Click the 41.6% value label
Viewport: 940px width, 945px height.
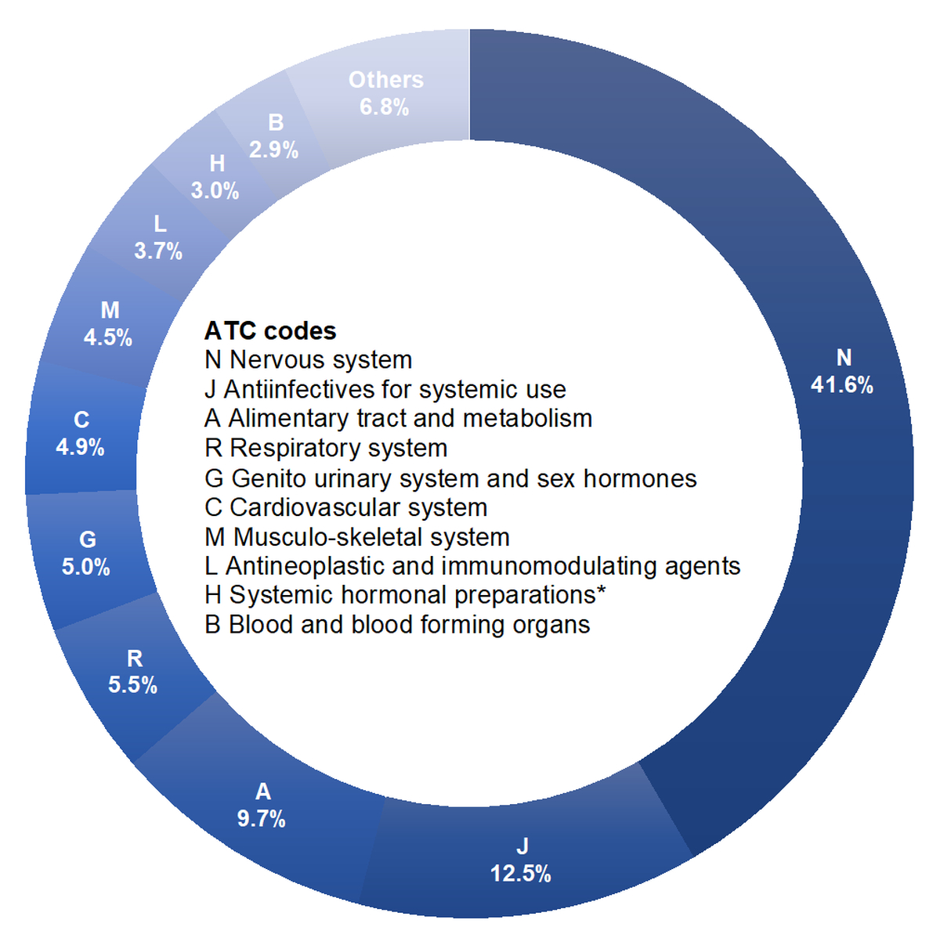(842, 385)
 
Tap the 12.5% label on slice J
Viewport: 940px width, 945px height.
(521, 874)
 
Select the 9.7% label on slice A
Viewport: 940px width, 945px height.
(262, 820)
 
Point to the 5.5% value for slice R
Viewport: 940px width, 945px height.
(133, 686)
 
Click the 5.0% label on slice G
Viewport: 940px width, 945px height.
(86, 567)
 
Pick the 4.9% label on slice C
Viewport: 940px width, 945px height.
(81, 448)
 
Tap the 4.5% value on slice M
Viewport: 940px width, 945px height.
(108, 338)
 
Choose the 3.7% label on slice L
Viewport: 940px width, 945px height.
(158, 251)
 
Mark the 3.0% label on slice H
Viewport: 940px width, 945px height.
(215, 191)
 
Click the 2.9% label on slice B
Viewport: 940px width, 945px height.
(274, 150)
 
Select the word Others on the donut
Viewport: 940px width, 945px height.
(386, 80)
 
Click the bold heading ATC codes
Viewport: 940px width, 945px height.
(270, 331)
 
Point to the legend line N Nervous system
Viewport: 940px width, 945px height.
(309, 360)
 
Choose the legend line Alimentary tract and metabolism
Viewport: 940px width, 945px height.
(399, 419)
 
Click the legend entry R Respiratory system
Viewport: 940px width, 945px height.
(326, 448)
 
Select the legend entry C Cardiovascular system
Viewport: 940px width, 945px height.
(346, 507)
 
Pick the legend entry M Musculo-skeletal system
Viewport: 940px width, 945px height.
(357, 537)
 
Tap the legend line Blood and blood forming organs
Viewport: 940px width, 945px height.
(398, 625)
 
